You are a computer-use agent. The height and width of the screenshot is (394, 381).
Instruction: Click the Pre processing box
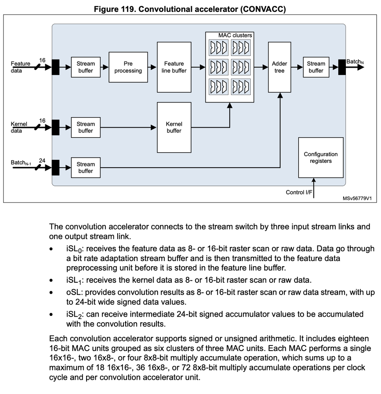coord(128,67)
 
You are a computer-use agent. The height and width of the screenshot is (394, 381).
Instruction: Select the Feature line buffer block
coord(174,67)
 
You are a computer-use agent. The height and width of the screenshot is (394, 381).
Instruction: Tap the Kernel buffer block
coord(174,127)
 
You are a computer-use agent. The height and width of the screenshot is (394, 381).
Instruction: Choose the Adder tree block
coord(279,67)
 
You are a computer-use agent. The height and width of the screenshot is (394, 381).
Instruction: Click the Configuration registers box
coord(321,157)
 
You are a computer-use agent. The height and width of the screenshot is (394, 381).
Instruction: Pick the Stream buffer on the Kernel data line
coord(86,127)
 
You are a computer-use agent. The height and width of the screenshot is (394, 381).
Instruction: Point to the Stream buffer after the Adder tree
coord(316,67)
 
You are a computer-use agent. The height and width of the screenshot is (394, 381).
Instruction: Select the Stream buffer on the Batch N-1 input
coord(86,168)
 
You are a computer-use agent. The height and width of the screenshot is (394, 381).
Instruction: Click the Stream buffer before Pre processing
coord(86,67)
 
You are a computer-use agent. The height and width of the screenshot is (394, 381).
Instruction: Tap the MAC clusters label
coord(235,35)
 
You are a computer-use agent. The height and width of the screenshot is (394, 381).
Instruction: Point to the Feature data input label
coord(20,67)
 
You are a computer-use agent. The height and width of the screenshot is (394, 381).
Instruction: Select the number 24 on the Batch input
coord(42,160)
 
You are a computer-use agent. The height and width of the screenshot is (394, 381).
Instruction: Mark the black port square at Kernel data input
coord(56,127)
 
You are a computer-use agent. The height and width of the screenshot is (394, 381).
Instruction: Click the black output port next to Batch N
coord(342,67)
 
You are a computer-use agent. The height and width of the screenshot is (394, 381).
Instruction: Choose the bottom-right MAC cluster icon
coord(240,86)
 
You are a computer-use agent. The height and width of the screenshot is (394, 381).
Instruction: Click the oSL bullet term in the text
coord(73,292)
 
